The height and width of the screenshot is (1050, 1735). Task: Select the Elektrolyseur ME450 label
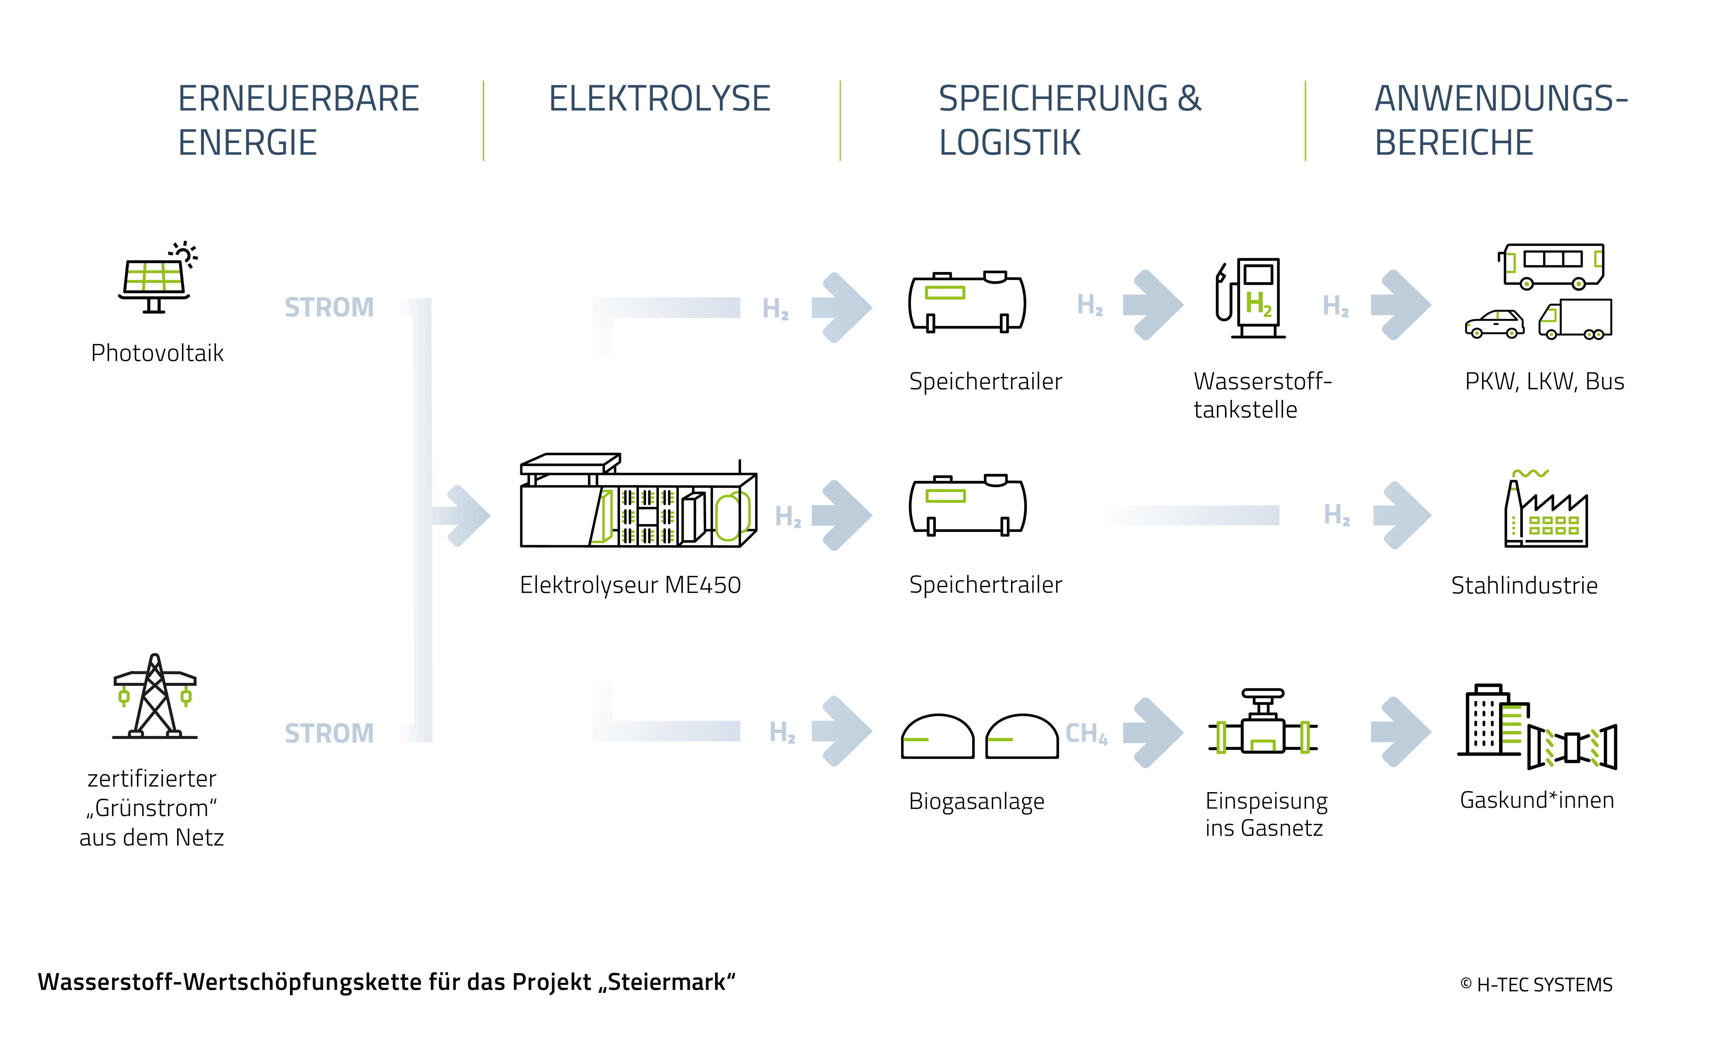pos(630,585)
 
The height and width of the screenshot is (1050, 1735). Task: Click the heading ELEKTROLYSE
pos(660,99)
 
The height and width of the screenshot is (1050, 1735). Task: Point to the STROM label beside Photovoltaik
pos(329,308)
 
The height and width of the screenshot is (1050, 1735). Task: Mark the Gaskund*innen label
pos(1537,800)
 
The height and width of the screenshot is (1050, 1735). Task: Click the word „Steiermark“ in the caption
pos(667,982)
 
